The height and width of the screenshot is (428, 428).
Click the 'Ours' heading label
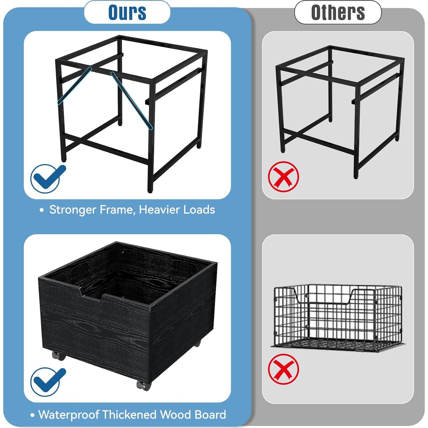(x=127, y=12)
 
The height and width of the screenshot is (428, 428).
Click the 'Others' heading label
(x=338, y=12)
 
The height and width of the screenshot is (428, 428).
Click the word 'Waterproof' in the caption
(x=68, y=415)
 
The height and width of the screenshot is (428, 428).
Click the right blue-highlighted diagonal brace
(x=132, y=101)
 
